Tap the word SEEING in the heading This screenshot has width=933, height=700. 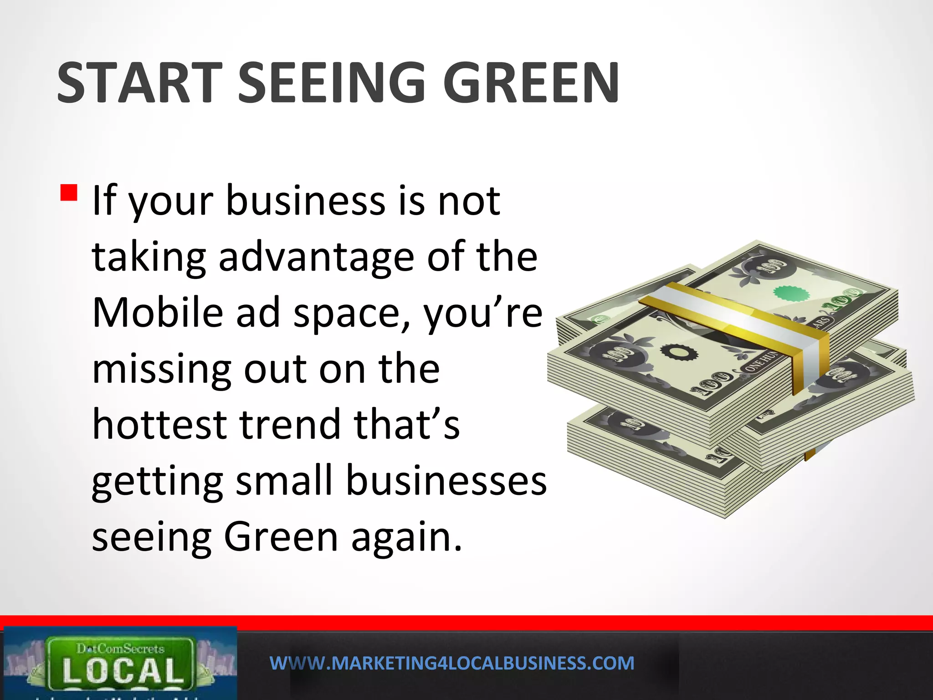[x=332, y=83]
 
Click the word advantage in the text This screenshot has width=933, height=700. [x=317, y=257]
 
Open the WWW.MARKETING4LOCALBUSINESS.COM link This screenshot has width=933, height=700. [x=452, y=663]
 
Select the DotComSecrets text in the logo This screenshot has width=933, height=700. [x=120, y=648]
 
